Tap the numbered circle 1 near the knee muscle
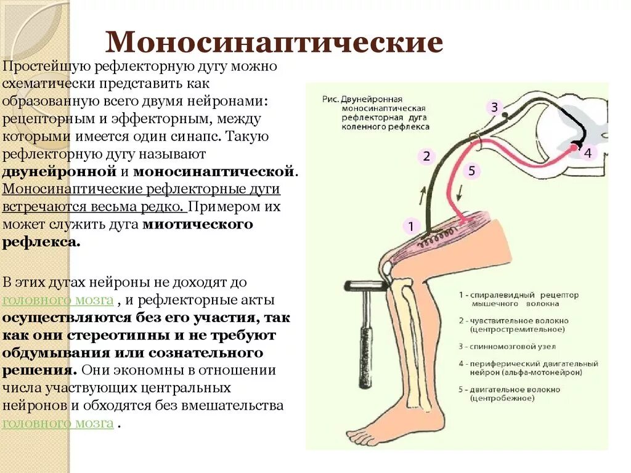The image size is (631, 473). [411, 227]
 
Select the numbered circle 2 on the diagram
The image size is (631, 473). [426, 156]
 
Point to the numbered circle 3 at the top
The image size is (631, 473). [494, 108]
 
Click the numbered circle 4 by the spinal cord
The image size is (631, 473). [587, 153]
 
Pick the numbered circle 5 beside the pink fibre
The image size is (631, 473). [471, 171]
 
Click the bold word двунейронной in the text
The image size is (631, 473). [60, 171]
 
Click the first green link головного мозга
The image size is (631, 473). [58, 300]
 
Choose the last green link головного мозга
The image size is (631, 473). [58, 423]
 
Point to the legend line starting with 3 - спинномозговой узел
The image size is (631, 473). [508, 347]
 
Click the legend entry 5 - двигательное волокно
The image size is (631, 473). [510, 389]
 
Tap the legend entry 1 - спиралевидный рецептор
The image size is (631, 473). [518, 295]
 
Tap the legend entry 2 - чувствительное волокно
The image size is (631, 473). [513, 320]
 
